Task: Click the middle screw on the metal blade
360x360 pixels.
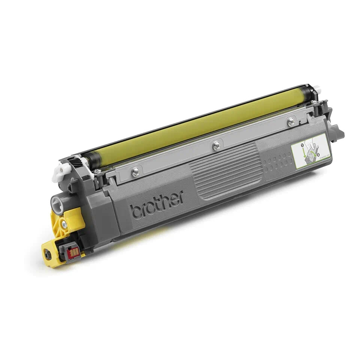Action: pyautogui.click(x=216, y=146)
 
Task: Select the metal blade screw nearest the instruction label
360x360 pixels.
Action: pyautogui.click(x=291, y=121)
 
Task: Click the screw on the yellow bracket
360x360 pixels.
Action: pyautogui.click(x=64, y=225)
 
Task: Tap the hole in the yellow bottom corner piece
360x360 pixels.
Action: pyautogui.click(x=47, y=254)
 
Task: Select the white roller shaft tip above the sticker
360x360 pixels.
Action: pyautogui.click(x=317, y=89)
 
